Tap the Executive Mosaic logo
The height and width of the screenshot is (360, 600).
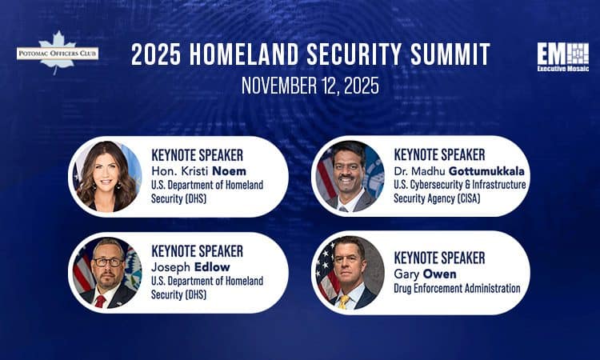point(562,58)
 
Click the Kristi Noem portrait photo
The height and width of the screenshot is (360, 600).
point(106,177)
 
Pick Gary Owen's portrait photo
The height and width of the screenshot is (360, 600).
point(350,272)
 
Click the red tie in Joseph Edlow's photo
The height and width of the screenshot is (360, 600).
point(101,301)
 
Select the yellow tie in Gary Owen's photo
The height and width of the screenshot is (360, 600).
point(343,302)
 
